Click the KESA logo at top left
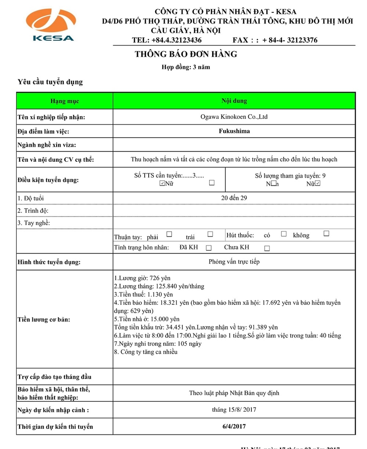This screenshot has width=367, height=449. tap(50, 25)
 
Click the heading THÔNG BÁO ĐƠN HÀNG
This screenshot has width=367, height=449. tap(186, 54)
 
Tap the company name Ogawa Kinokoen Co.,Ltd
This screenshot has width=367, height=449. tap(234, 117)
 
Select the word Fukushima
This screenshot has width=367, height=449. tap(234, 131)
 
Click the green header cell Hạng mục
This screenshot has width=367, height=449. tap(64, 101)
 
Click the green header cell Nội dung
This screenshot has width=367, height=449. tap(234, 101)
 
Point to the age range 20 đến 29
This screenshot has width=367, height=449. tap(234, 198)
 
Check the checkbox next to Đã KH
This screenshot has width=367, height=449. tap(209, 248)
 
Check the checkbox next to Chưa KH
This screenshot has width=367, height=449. tap(267, 248)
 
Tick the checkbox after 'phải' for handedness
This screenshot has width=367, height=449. tap(169, 234)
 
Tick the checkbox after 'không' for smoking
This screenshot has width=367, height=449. tap(326, 234)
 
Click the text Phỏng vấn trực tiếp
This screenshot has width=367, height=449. tap(234, 262)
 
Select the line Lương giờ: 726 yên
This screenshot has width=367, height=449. tap(142, 278)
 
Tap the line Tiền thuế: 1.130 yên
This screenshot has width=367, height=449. tap(143, 294)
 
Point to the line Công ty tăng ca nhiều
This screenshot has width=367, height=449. tap(146, 352)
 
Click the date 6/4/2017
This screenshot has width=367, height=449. tap(234, 426)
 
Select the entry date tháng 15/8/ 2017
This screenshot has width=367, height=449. tap(234, 410)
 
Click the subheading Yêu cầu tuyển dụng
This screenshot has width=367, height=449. tap(50, 82)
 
